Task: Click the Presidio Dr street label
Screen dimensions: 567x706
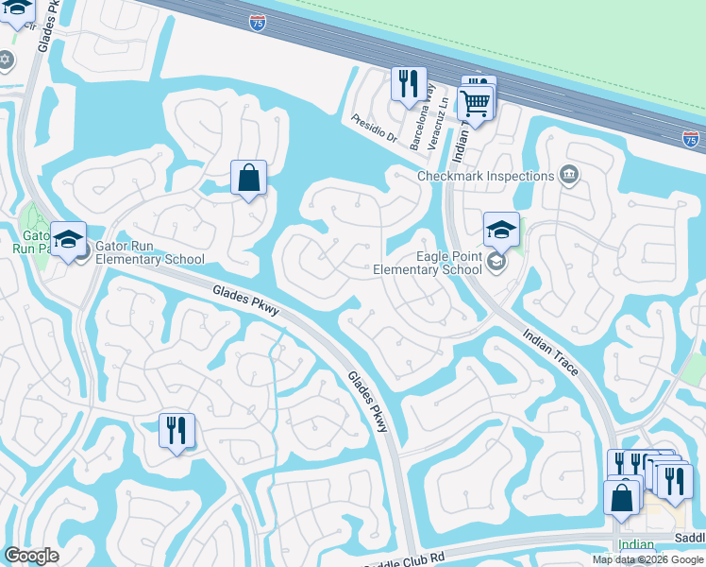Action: click(x=374, y=128)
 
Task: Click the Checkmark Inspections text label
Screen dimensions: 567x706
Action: click(x=486, y=176)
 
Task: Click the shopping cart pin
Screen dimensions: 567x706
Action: click(x=475, y=103)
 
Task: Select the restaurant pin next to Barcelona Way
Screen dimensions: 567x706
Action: click(x=409, y=84)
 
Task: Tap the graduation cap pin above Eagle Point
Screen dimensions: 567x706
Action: click(x=501, y=230)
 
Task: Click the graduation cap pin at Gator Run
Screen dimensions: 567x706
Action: click(x=68, y=239)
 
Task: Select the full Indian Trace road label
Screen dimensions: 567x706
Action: click(x=550, y=352)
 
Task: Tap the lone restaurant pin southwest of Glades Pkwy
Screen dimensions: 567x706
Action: click(x=176, y=430)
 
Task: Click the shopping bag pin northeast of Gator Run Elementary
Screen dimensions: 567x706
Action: click(x=248, y=177)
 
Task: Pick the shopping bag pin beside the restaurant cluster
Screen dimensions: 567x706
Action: click(x=621, y=497)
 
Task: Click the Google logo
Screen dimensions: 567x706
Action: click(x=31, y=556)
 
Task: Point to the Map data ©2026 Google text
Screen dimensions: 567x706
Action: click(x=647, y=559)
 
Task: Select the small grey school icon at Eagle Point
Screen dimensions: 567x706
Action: click(x=498, y=262)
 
